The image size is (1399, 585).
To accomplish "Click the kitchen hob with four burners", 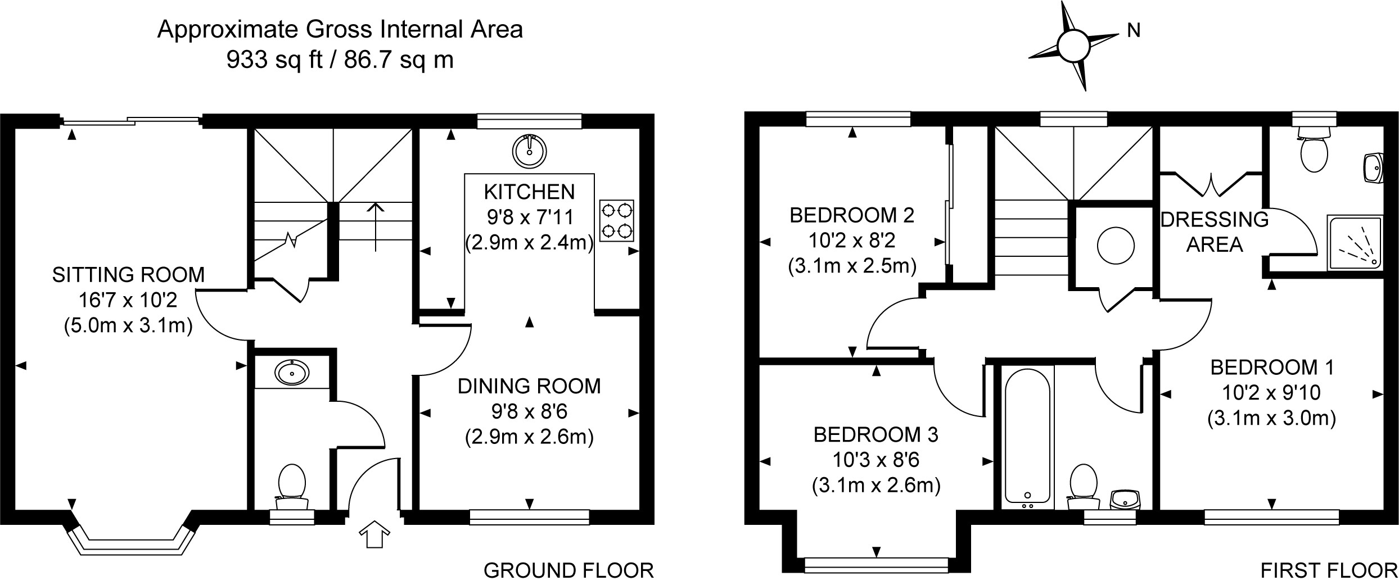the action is coord(616,221).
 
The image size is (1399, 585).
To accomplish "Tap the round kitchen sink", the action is coord(530,151).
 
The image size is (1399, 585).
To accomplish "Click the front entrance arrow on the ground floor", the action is coord(374,533).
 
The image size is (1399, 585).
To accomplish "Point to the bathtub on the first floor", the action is coord(1027,436).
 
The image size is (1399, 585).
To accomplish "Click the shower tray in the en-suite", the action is coord(1355,242).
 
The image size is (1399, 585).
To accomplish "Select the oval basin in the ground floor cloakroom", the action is coord(292,372).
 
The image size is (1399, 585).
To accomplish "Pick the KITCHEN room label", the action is coord(530,192).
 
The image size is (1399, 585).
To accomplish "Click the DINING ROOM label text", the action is coord(529,386).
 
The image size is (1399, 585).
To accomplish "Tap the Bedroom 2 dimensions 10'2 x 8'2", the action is coord(852,241).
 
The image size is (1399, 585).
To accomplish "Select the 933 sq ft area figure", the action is coord(274,59).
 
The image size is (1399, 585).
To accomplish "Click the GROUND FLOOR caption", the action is coord(568,570).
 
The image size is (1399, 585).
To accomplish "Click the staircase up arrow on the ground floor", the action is coord(376,227).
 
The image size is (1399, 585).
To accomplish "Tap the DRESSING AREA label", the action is coord(1215,232).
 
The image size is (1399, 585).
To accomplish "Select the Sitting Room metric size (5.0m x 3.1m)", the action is coord(128,325).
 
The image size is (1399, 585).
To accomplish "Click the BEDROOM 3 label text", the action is coord(876,434).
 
